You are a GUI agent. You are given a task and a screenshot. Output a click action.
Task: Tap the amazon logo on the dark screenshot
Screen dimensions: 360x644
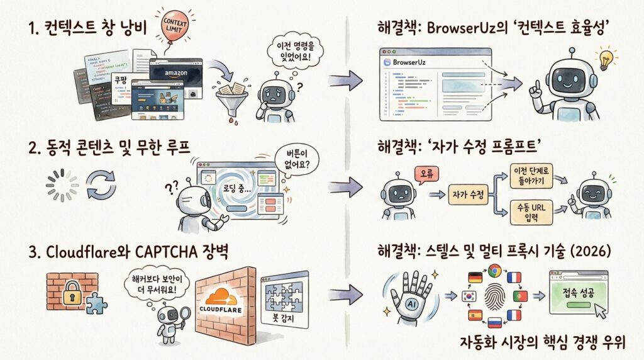(x=176, y=72)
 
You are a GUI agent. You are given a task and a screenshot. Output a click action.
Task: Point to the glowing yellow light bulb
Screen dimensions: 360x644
(x=606, y=57)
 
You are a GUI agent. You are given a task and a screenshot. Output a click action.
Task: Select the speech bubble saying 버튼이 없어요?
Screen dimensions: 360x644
(x=294, y=161)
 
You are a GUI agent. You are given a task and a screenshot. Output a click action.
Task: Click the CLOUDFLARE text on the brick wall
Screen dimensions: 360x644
(x=225, y=310)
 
